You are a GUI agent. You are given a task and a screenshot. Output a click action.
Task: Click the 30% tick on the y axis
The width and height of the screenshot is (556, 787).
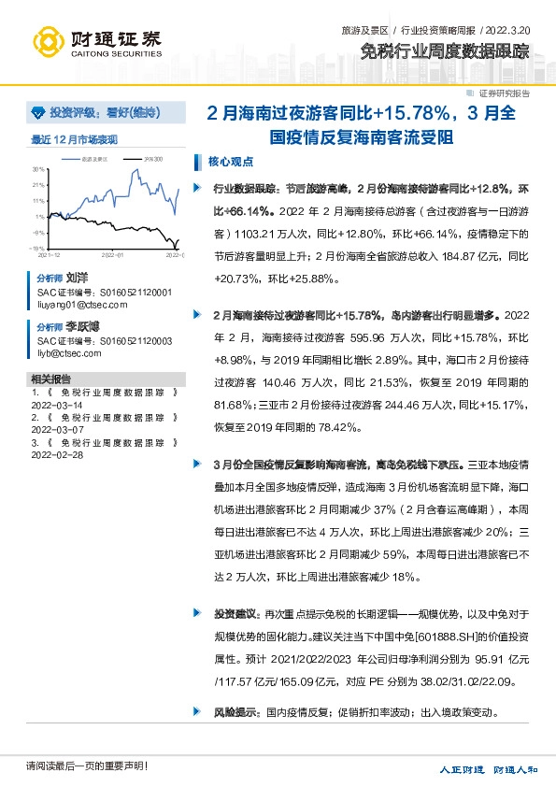tap(38, 169)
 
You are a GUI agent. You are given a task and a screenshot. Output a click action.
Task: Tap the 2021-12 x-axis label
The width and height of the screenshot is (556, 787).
tap(50, 254)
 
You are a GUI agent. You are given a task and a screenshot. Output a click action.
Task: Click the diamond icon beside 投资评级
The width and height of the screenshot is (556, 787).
tap(38, 113)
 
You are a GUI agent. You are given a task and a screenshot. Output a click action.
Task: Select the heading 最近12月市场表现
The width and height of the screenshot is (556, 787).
tap(75, 140)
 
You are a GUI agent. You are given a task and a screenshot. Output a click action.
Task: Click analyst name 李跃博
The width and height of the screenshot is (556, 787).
tap(81, 328)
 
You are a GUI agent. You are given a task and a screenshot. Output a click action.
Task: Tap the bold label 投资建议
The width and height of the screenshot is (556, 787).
tap(235, 614)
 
